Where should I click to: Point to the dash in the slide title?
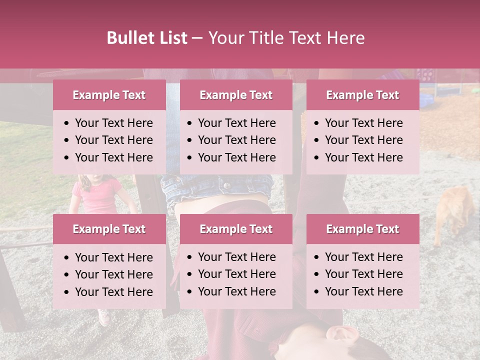click(197, 38)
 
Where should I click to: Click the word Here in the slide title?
click(346, 38)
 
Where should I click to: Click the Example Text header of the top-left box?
click(109, 95)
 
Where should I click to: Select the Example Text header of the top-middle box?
click(236, 95)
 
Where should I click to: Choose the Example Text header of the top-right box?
click(362, 95)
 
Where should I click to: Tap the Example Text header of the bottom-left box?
click(109, 229)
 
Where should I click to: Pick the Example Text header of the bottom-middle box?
click(236, 229)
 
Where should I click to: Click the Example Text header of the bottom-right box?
click(362, 229)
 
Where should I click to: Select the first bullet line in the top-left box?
click(113, 123)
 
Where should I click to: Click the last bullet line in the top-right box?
click(363, 157)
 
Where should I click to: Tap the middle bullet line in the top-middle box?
click(236, 140)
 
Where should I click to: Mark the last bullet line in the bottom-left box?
click(113, 292)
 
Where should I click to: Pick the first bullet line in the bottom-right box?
click(363, 257)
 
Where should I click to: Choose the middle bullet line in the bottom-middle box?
click(236, 274)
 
